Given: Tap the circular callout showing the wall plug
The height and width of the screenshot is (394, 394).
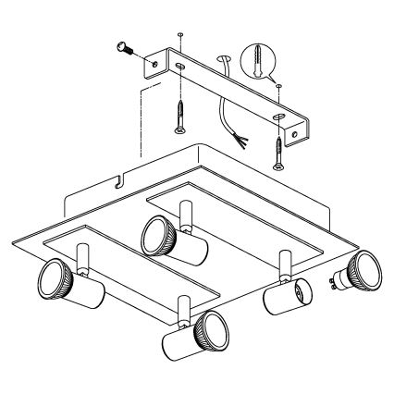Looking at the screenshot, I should pyautogui.click(x=256, y=61).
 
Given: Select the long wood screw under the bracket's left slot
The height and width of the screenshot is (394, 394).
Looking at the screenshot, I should pyautogui.click(x=178, y=113).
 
